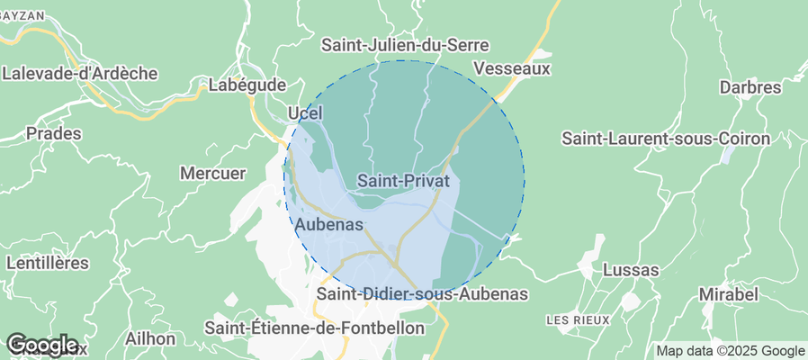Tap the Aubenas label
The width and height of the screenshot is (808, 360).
[329, 224]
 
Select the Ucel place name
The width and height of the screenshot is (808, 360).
[304, 112]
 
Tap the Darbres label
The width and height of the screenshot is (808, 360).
[750, 87]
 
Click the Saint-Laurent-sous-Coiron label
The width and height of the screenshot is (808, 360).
[666, 139]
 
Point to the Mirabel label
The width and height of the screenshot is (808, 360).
[728, 294]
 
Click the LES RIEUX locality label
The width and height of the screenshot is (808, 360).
[578, 319]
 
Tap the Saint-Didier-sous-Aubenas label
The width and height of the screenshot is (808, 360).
[422, 294]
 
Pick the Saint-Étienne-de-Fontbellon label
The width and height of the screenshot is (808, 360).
[315, 328]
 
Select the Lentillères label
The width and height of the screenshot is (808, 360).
[47, 263]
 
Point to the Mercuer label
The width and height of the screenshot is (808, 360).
[213, 173]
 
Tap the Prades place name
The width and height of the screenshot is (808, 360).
[54, 133]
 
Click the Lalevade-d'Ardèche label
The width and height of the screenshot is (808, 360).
[80, 73]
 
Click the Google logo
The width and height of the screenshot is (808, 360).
[41, 345]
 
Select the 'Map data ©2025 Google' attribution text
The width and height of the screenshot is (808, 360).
[730, 351]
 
